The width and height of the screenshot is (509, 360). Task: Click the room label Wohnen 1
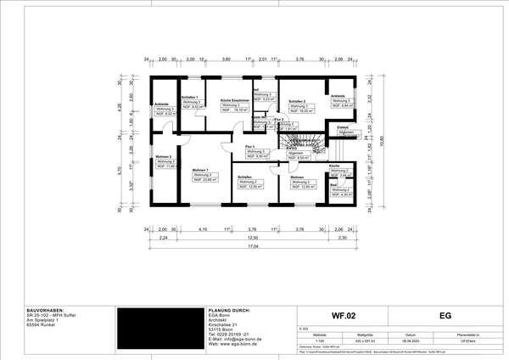click(200, 170)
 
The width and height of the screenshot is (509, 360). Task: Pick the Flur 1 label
click(250, 147)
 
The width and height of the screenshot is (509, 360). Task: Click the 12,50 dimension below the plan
click(253, 239)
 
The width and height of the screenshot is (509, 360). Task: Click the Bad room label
click(335, 183)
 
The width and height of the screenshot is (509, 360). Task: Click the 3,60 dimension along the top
click(227, 60)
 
